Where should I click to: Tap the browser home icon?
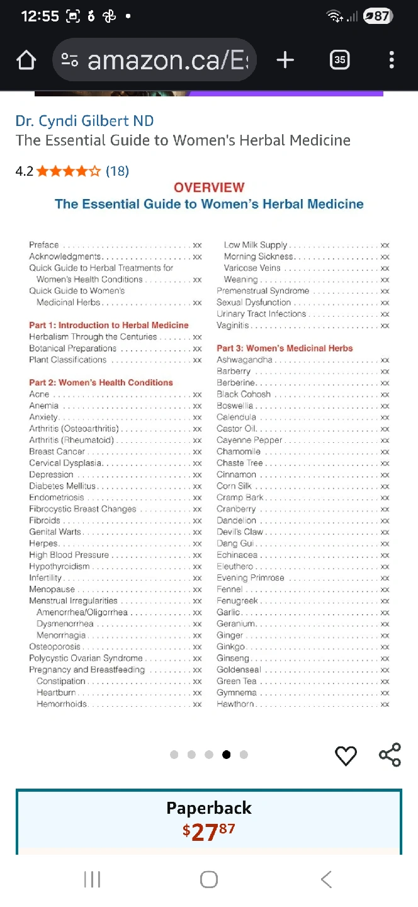(26, 60)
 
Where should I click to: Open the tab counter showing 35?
(339, 60)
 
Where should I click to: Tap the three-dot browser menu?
(392, 60)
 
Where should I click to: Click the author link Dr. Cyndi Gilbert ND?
(84, 121)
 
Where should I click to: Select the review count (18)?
(117, 171)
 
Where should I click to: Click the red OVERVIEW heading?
(209, 187)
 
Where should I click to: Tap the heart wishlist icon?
(346, 755)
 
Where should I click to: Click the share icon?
(390, 755)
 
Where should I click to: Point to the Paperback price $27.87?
(208, 831)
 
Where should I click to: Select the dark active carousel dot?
(226, 755)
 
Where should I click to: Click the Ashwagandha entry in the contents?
(245, 360)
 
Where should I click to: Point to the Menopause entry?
(52, 590)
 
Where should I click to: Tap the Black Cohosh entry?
(244, 394)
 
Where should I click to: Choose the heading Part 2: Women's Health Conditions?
(101, 382)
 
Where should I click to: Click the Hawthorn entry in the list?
(235, 704)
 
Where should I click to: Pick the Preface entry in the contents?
(44, 245)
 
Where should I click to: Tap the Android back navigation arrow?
(325, 879)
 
